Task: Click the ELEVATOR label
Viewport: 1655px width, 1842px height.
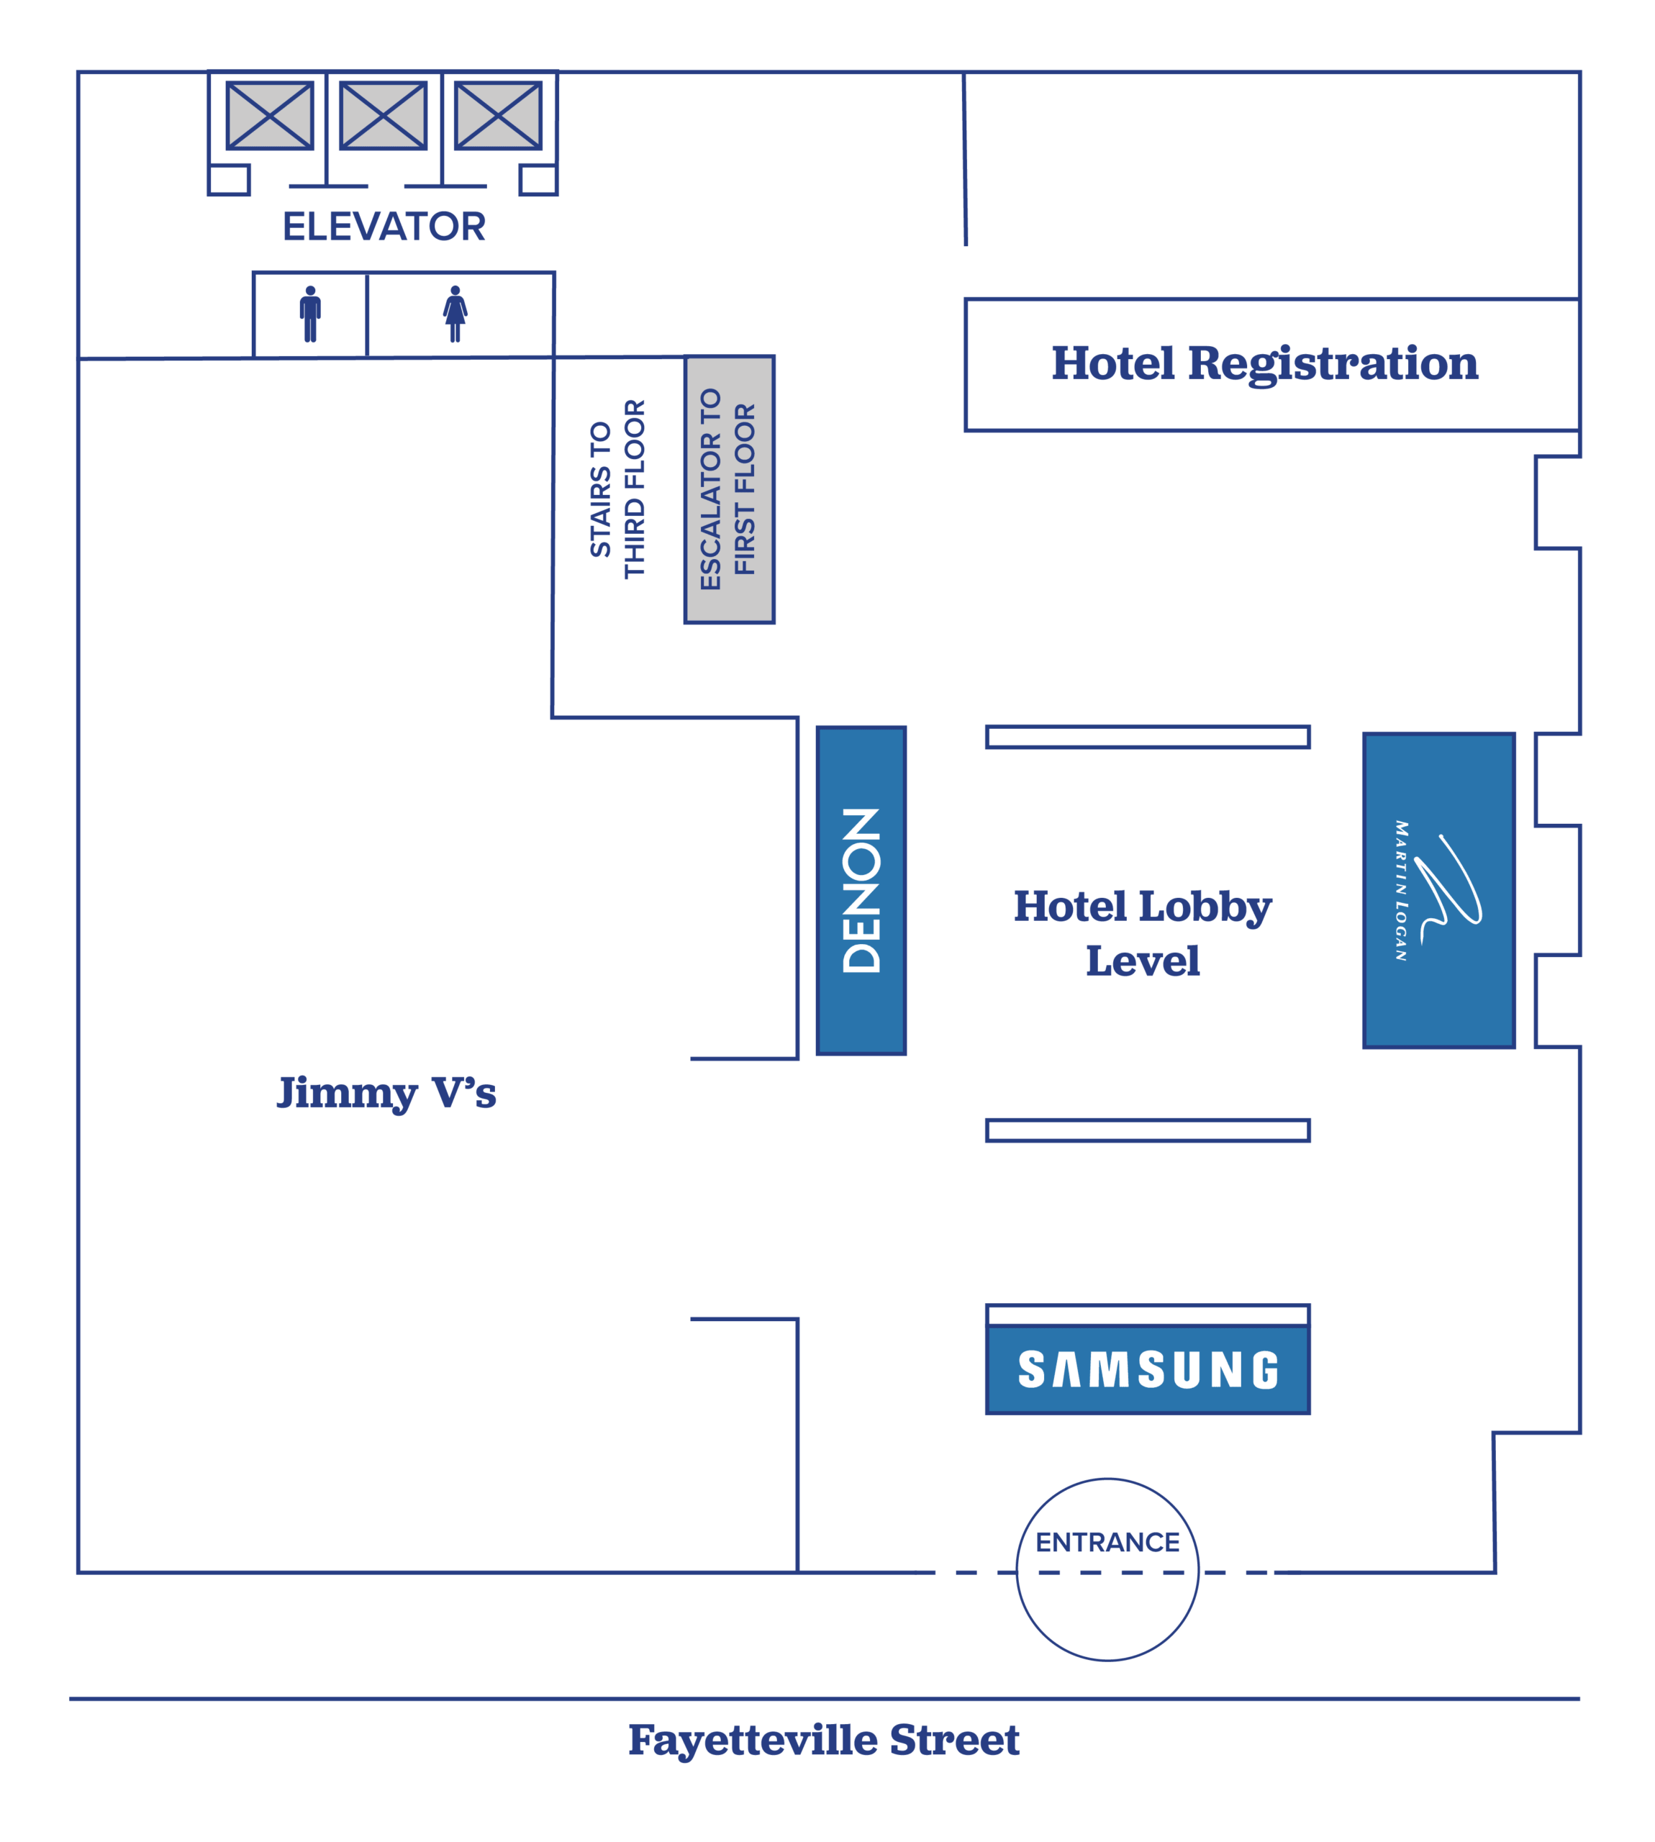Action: [384, 227]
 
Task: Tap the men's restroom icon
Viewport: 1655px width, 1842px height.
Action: [310, 314]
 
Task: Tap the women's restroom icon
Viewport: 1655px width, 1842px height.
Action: [455, 314]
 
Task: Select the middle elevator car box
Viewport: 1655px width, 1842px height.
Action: [384, 115]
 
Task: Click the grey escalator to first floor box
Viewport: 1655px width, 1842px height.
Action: [730, 490]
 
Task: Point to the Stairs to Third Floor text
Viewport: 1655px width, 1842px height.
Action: [617, 489]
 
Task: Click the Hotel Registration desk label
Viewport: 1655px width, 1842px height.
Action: [1265, 363]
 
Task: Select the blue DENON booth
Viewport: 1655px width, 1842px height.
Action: [861, 891]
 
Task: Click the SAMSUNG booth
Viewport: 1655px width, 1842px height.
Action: [1148, 1369]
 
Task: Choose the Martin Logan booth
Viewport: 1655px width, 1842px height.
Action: [1438, 891]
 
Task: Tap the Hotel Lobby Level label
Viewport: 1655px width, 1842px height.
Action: [1143, 934]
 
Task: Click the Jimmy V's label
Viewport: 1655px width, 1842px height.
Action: [386, 1094]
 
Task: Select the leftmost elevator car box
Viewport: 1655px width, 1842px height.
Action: [270, 115]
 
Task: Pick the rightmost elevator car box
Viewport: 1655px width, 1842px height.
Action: [499, 115]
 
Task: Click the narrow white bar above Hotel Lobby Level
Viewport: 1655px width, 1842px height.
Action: [1148, 736]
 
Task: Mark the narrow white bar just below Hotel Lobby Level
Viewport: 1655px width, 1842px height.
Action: [1148, 1130]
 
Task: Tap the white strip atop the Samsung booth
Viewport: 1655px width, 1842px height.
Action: [1148, 1315]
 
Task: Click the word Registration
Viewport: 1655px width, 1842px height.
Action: [1333, 363]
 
